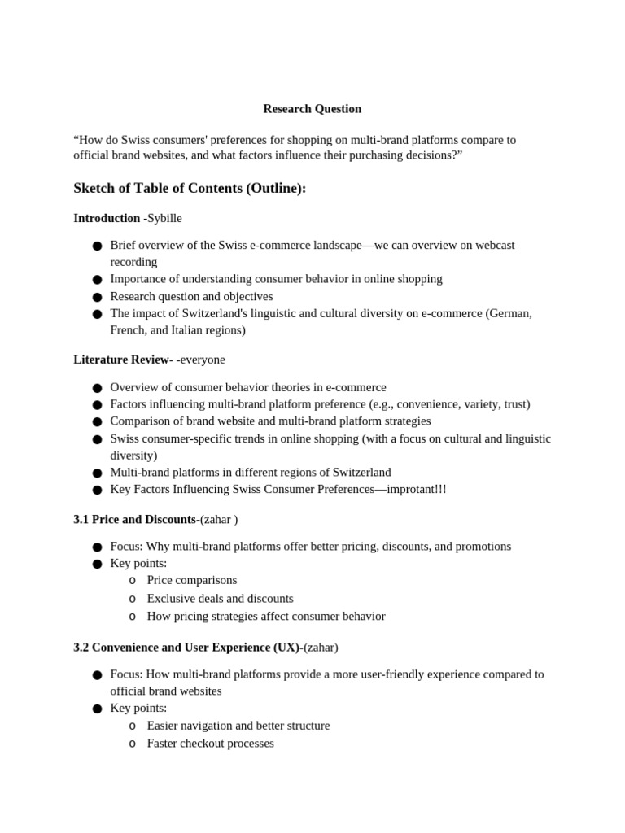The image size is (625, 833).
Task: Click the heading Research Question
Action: pyautogui.click(x=312, y=109)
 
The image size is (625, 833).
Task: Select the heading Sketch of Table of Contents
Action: pyautogui.click(x=190, y=189)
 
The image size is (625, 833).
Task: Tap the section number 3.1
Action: pyautogui.click(x=81, y=520)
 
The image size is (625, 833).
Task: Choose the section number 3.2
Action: pyautogui.click(x=81, y=648)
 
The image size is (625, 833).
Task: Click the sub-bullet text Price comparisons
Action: pyautogui.click(x=192, y=580)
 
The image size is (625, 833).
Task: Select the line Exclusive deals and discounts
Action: pyautogui.click(x=220, y=599)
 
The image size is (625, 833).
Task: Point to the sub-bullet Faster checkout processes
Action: pyautogui.click(x=210, y=744)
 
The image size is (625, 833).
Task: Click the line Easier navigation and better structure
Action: pyautogui.click(x=238, y=726)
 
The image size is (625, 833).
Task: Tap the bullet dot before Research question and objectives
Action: pyautogui.click(x=98, y=297)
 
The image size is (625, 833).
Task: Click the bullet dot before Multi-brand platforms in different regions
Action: pyautogui.click(x=98, y=473)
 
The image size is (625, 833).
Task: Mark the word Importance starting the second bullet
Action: pyautogui.click(x=138, y=279)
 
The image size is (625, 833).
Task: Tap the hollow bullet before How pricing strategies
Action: pyautogui.click(x=133, y=617)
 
